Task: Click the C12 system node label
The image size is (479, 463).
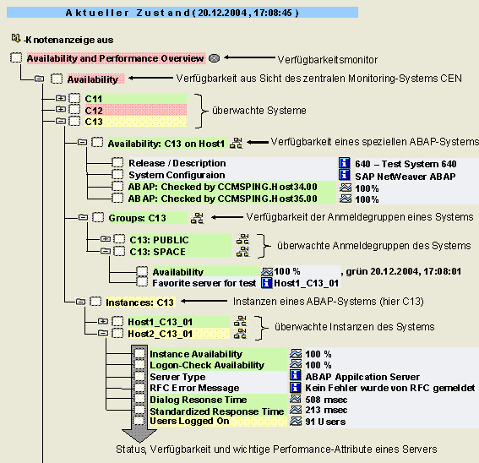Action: (94, 111)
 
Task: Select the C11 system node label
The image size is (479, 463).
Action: (94, 99)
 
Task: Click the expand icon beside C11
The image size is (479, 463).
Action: (61, 98)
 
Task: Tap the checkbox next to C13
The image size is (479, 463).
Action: (74, 122)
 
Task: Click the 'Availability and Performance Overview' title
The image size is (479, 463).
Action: (115, 58)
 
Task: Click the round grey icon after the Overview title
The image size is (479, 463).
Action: (214, 58)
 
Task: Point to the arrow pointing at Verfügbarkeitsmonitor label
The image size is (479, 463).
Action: (249, 57)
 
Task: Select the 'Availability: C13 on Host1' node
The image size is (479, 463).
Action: (166, 144)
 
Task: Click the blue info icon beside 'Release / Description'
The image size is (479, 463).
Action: (345, 163)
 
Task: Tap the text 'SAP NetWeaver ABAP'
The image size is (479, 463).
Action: (405, 177)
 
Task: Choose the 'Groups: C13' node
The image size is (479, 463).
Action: (137, 218)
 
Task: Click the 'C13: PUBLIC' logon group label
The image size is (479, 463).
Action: (159, 240)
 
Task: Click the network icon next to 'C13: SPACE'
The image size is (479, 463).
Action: (242, 252)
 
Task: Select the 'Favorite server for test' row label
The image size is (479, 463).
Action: (204, 283)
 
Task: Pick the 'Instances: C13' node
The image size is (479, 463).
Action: (139, 302)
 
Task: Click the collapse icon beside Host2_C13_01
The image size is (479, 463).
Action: (103, 333)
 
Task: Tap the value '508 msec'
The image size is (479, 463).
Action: (326, 400)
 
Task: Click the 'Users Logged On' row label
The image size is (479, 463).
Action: (189, 421)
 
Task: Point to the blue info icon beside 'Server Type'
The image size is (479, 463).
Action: (295, 375)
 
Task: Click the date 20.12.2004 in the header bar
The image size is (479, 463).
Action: (222, 13)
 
